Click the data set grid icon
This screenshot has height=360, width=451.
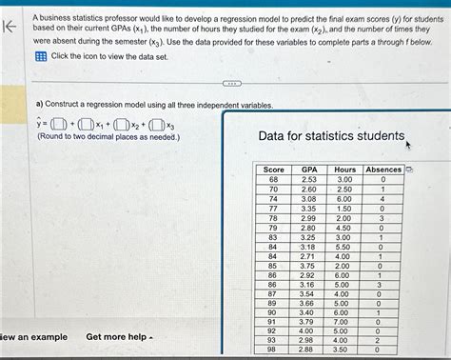coord(40,57)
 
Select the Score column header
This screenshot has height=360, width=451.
coord(274,169)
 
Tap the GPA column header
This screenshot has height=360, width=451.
coord(309,169)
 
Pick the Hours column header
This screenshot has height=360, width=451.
coord(344,169)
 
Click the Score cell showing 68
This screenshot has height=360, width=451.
coord(274,179)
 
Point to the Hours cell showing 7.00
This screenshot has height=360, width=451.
coord(344,321)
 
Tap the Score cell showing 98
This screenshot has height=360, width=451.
coord(274,350)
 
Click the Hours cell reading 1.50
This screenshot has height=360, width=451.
coord(344,208)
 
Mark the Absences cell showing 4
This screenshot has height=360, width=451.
coord(382,198)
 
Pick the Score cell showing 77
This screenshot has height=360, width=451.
coord(274,208)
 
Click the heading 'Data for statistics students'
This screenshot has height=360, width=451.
coord(331,136)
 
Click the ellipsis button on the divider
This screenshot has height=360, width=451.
coord(226,83)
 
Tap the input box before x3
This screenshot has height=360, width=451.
coord(158,123)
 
